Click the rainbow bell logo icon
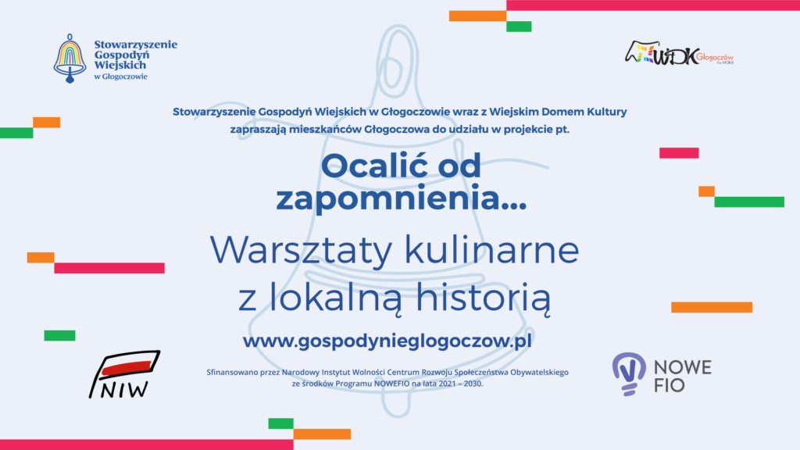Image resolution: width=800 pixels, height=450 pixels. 70,59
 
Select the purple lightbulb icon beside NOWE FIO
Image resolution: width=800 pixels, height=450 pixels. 628,373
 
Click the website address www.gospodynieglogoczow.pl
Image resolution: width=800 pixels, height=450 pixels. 387,341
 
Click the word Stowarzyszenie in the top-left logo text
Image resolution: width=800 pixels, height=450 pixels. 135,45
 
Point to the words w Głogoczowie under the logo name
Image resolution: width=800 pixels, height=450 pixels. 120,77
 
